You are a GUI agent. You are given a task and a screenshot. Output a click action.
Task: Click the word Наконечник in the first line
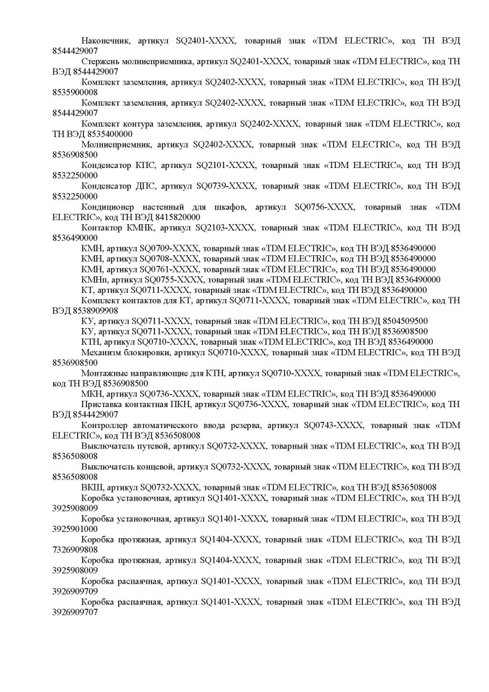point(106,40)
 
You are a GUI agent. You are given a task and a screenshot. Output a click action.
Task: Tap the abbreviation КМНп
point(95,280)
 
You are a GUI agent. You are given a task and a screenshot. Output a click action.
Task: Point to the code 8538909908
point(88,311)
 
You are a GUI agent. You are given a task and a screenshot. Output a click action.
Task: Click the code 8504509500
point(398,321)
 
